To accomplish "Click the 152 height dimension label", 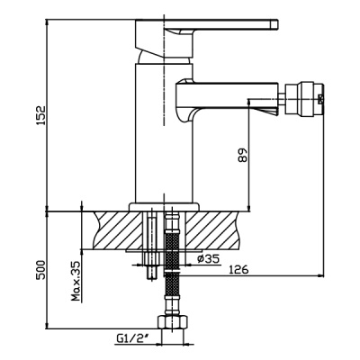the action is pyautogui.click(x=40, y=115).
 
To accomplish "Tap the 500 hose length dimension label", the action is pyautogui.click(x=40, y=270).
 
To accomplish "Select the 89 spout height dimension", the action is pyautogui.click(x=242, y=155).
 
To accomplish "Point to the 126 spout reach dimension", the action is pyautogui.click(x=238, y=270).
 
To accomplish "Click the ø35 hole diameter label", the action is pyautogui.click(x=209, y=258).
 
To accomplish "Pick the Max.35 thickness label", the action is pyautogui.click(x=76, y=281).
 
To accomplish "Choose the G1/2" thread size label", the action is pyautogui.click(x=133, y=339).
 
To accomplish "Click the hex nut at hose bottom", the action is pyautogui.click(x=174, y=322).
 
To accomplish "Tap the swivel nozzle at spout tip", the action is pyautogui.click(x=304, y=99).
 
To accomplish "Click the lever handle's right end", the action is pyautogui.click(x=275, y=24).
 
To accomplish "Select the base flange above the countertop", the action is pyautogui.click(x=164, y=207).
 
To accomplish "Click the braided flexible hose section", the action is pyautogui.click(x=172, y=255).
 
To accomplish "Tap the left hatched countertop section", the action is pyautogui.click(x=118, y=230).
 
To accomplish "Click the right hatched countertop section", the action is pyautogui.click(x=212, y=230).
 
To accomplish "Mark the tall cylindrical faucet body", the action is pyautogui.click(x=164, y=133).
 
